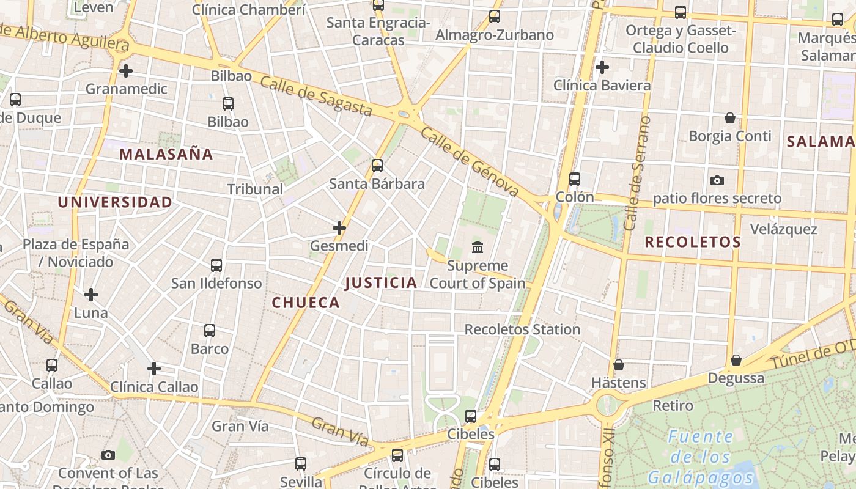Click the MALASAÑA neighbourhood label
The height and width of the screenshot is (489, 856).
pyautogui.click(x=166, y=154)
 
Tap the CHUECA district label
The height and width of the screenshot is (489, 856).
pyautogui.click(x=306, y=303)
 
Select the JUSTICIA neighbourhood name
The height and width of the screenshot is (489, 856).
pyautogui.click(x=381, y=282)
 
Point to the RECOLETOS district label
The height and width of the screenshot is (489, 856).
pyautogui.click(x=693, y=242)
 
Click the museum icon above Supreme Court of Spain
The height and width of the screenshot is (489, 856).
pyautogui.click(x=478, y=248)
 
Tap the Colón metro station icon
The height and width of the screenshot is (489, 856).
pyautogui.click(x=575, y=179)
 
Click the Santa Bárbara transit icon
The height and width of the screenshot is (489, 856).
pyautogui.click(x=377, y=166)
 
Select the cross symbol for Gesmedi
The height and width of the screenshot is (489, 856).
pyautogui.click(x=339, y=228)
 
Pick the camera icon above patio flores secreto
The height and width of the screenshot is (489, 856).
pyautogui.click(x=717, y=180)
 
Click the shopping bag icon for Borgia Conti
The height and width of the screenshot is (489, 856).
pyautogui.click(x=729, y=118)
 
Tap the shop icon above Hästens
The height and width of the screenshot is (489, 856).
pyautogui.click(x=619, y=365)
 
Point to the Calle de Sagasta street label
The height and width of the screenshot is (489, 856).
pyautogui.click(x=315, y=96)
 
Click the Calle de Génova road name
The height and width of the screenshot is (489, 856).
pyautogui.click(x=470, y=163)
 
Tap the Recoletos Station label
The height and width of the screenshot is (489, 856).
pyautogui.click(x=522, y=329)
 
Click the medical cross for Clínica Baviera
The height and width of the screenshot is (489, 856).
pyautogui.click(x=602, y=67)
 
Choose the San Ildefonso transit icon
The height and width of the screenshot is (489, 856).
pyautogui.click(x=216, y=265)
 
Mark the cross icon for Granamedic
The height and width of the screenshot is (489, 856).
pyautogui.click(x=126, y=71)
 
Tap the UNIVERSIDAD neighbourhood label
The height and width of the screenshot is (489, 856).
pyautogui.click(x=115, y=202)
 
